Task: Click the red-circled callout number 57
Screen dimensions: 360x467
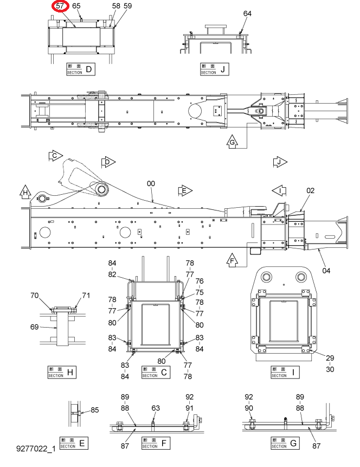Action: pyautogui.click(x=60, y=6)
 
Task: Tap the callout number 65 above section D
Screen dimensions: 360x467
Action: pyautogui.click(x=76, y=6)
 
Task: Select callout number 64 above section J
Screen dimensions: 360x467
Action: pyautogui.click(x=247, y=14)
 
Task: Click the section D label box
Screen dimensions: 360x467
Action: pyautogui.click(x=81, y=69)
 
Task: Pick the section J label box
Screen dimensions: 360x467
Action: pyautogui.click(x=214, y=69)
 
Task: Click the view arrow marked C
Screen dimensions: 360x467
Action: pyautogui.click(x=55, y=156)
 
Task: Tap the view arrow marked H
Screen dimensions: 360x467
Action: pyautogui.click(x=25, y=192)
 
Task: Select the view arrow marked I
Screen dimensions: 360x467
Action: pyautogui.click(x=279, y=190)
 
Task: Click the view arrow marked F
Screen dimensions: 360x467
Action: pyautogui.click(x=232, y=260)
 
